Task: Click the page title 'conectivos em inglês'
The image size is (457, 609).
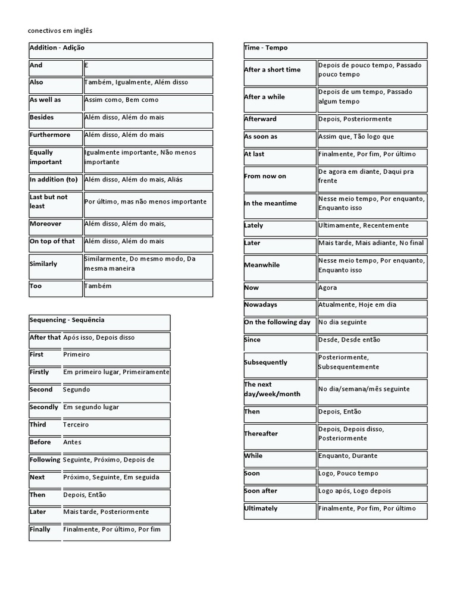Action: tap(61, 30)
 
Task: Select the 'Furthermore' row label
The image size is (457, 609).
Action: tap(50, 135)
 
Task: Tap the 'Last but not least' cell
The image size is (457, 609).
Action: tap(49, 202)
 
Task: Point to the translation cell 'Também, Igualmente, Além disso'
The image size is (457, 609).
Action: tap(136, 83)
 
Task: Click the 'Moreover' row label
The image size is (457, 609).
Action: tap(45, 224)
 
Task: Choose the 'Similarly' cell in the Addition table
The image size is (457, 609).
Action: tap(43, 263)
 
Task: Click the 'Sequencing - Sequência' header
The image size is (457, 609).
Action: tap(67, 320)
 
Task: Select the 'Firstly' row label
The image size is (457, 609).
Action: tap(39, 372)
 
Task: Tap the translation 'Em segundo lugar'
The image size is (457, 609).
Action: tap(91, 407)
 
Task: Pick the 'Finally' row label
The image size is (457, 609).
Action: tap(40, 529)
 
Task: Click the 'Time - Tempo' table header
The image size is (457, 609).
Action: tap(266, 48)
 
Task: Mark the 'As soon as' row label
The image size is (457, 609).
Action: tap(261, 137)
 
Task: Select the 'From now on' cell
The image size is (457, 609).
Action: tap(265, 176)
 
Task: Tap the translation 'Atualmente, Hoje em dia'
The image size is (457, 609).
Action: tap(357, 305)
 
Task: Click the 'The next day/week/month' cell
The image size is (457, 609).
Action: tap(272, 390)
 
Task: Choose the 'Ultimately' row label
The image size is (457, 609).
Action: tap(261, 509)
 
